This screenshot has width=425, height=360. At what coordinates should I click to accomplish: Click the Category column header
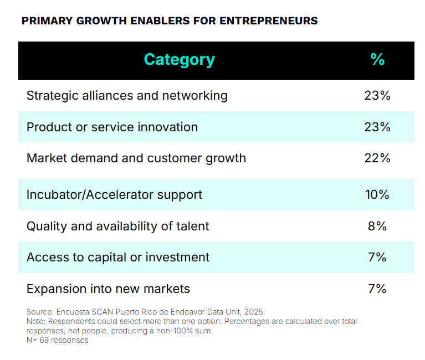(x=179, y=60)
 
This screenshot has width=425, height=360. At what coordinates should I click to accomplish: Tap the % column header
(x=377, y=60)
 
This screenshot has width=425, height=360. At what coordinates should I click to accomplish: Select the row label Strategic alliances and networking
(x=127, y=95)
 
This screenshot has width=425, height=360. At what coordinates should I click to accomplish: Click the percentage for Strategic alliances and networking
(x=377, y=95)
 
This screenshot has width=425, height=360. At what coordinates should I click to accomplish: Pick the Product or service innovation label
(x=112, y=127)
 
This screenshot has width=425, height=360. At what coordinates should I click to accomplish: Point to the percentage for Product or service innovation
(x=377, y=127)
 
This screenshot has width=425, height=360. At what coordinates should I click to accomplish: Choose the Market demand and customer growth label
(x=136, y=158)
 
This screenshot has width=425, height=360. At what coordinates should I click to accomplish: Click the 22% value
(x=377, y=158)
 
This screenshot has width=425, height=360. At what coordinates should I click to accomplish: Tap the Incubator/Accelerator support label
(x=114, y=195)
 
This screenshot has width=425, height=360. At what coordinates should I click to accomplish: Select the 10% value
(x=377, y=195)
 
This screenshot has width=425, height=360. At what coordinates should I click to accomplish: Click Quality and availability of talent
(x=118, y=226)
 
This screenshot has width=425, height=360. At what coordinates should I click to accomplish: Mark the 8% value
(x=377, y=226)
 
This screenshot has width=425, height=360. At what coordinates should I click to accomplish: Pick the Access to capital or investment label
(x=118, y=257)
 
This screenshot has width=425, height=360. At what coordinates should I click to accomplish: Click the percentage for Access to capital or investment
(x=377, y=257)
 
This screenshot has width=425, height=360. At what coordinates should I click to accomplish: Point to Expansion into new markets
(x=108, y=289)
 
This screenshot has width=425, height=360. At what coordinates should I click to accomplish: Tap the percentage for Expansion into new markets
(x=377, y=289)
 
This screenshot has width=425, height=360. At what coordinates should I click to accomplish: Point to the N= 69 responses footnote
(x=57, y=341)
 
